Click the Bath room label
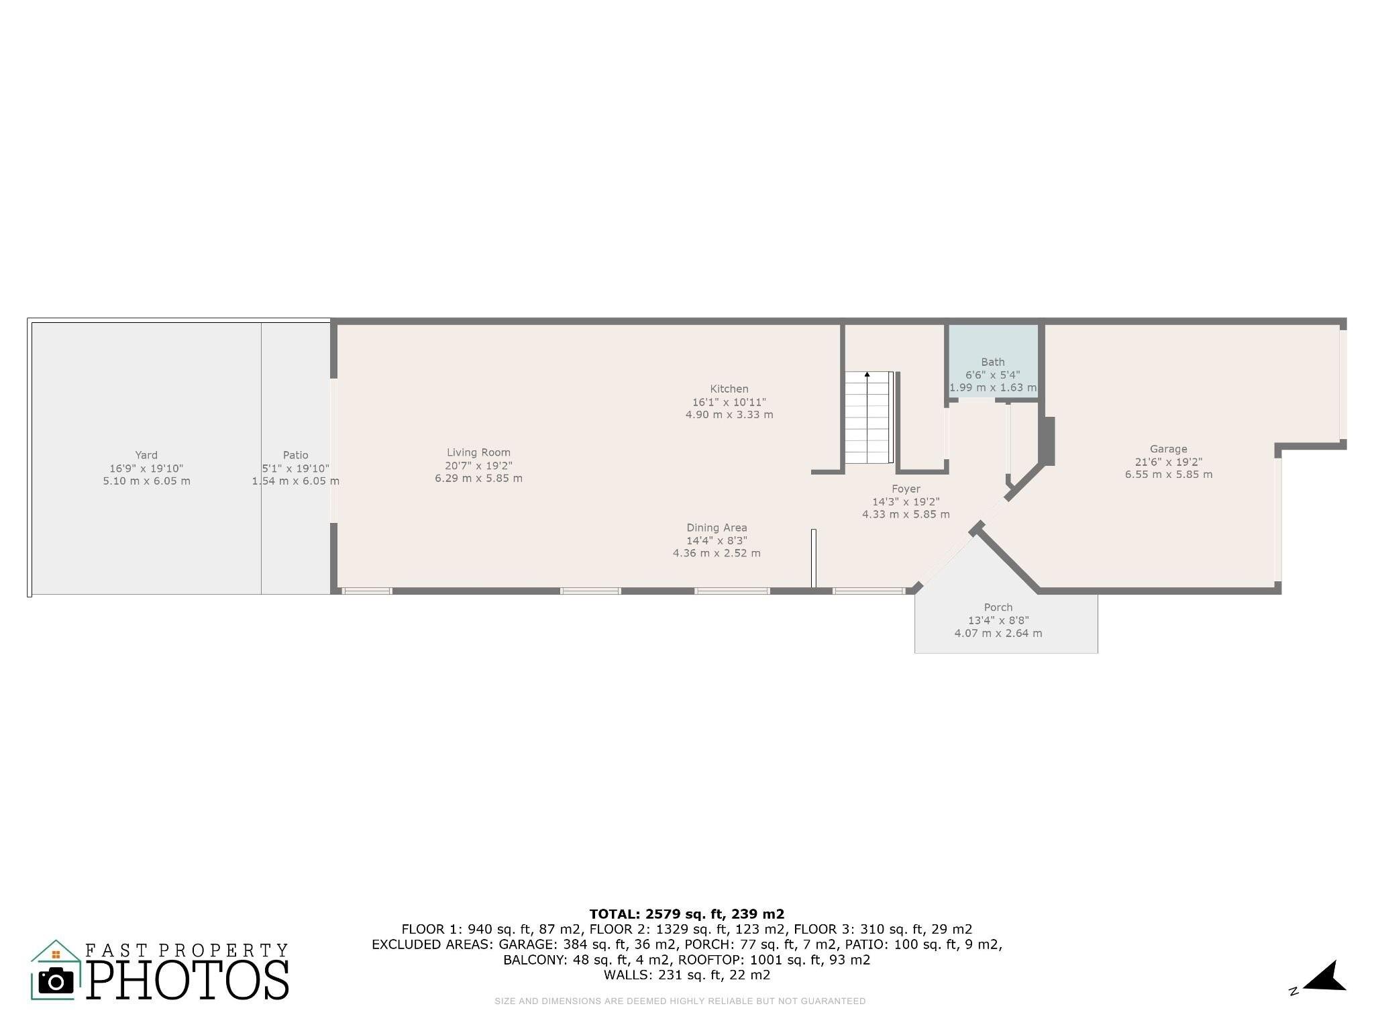(992, 362)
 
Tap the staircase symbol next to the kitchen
(869, 418)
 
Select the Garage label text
(1168, 449)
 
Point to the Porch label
(998, 607)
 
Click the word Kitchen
(729, 389)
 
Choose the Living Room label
(478, 453)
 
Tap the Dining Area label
(717, 528)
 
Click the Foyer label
(906, 489)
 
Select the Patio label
(295, 455)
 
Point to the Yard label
(146, 455)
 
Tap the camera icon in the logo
(56, 981)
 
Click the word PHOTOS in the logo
(188, 979)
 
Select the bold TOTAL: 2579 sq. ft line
(686, 914)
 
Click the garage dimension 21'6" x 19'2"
(1168, 462)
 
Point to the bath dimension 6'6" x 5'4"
(992, 375)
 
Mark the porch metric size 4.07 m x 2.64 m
(998, 633)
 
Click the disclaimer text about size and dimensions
(680, 1001)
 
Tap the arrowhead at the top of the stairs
(867, 374)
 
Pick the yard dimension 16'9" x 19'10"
(146, 469)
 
